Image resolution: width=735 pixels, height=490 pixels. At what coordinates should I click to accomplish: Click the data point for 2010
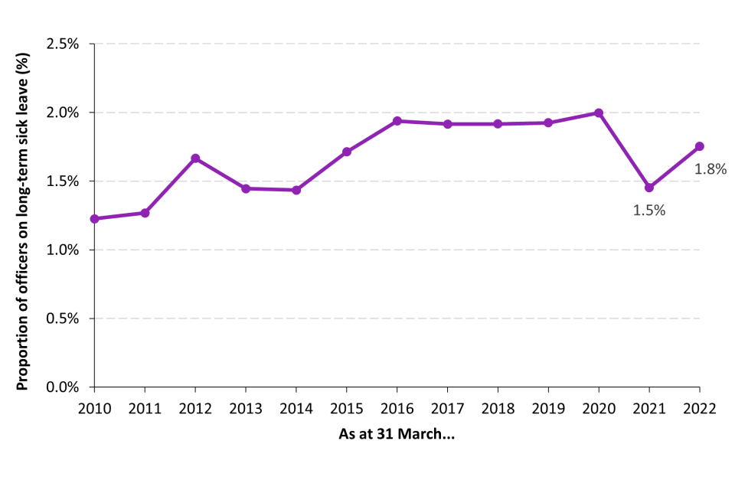95,219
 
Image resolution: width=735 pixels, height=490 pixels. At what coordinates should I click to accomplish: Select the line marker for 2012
195,158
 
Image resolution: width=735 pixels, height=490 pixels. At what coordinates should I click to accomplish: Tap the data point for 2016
397,121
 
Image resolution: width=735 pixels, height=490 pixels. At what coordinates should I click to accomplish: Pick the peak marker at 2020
599,113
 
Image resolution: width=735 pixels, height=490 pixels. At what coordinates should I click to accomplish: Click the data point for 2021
649,188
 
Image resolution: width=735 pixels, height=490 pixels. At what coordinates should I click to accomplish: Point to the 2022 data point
699,146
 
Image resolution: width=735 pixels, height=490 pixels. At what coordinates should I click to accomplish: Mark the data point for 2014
296,190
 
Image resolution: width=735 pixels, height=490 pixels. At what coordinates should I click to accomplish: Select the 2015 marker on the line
347,152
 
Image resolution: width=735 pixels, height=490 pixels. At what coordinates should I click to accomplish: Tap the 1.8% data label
710,169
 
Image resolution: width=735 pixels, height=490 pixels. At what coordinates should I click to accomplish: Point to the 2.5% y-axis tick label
62,44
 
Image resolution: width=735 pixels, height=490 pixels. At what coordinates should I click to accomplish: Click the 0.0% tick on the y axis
62,387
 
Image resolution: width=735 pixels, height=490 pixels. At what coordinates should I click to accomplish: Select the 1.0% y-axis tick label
62,250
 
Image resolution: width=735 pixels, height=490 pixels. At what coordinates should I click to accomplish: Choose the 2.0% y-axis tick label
62,113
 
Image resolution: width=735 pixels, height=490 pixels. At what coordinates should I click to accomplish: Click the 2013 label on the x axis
246,408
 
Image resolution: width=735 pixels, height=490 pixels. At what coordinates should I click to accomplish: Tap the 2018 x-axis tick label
498,408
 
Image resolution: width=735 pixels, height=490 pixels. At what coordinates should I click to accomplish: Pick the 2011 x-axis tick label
145,408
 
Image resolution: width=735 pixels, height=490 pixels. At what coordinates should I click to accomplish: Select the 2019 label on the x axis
548,408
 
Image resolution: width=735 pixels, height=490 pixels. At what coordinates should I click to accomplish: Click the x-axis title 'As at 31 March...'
397,435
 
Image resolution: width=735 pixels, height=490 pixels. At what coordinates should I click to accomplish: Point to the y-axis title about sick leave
22,215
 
